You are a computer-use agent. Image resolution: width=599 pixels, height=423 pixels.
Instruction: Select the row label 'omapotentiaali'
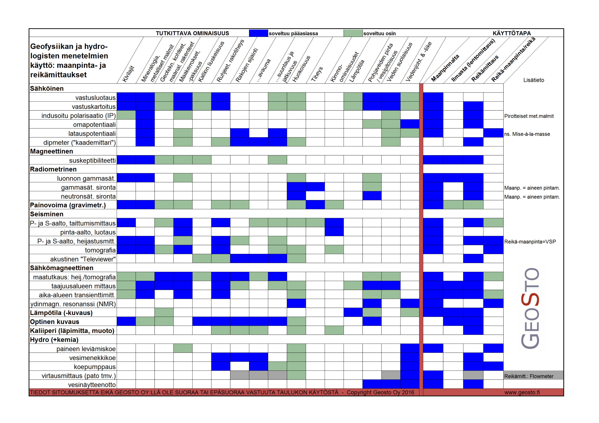[x=94, y=124]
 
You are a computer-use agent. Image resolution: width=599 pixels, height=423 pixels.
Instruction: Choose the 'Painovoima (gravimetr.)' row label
[x=68, y=205]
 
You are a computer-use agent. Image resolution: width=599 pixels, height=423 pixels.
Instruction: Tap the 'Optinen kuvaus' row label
[x=54, y=322]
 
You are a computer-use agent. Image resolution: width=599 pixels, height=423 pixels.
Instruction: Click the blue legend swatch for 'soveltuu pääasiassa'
[x=258, y=33]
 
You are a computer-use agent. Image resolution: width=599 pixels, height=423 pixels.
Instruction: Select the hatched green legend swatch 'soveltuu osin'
[x=353, y=33]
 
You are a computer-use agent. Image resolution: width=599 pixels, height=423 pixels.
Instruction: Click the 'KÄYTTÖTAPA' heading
[x=512, y=33]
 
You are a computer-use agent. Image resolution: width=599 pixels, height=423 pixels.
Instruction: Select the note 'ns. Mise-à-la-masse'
[x=527, y=134]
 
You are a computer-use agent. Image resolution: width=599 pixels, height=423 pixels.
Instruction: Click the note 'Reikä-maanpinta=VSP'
[x=530, y=242]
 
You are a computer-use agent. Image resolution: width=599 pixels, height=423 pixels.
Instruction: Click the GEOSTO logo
[x=530, y=308]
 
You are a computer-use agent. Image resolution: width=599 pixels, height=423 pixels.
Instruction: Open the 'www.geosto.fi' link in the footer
[x=522, y=392]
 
